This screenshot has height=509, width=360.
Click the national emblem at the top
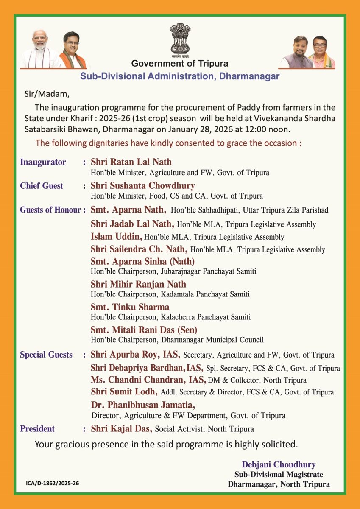[x=179, y=39]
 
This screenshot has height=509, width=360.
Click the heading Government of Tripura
[x=180, y=64]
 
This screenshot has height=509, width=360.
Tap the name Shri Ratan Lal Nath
[x=131, y=162]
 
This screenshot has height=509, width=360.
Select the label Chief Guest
[x=42, y=186]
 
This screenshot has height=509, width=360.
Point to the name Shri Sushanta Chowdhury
[x=143, y=186]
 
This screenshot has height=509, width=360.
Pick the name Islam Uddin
[x=116, y=237]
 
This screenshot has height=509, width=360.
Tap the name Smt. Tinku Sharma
[x=130, y=307]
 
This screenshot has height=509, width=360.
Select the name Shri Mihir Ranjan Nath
[x=138, y=284]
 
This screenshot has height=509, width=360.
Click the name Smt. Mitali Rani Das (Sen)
[x=144, y=330]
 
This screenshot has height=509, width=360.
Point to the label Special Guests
[x=46, y=355]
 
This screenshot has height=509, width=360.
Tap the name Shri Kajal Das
[x=122, y=429]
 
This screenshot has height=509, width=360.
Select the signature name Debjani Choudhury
[x=279, y=465]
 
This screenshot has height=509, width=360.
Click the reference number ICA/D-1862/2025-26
[x=52, y=483]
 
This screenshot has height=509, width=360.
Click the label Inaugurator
[x=43, y=162]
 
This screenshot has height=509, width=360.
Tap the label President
[x=37, y=429]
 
